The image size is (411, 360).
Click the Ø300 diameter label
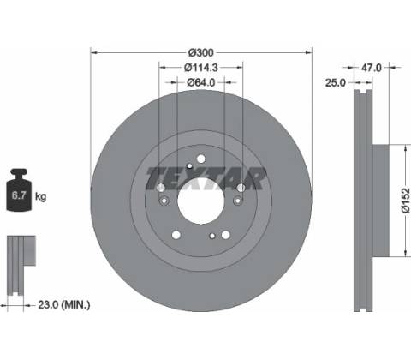201,52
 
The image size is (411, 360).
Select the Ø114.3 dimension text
201,68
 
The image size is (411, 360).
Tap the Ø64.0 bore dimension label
201,82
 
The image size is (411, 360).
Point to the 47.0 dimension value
371,68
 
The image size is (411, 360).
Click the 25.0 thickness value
336,83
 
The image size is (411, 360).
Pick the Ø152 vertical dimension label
406,201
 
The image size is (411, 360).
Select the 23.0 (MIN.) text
64,305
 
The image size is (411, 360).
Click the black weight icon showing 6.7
19,190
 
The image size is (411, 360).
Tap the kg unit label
40,196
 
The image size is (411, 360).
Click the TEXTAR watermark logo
206,179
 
